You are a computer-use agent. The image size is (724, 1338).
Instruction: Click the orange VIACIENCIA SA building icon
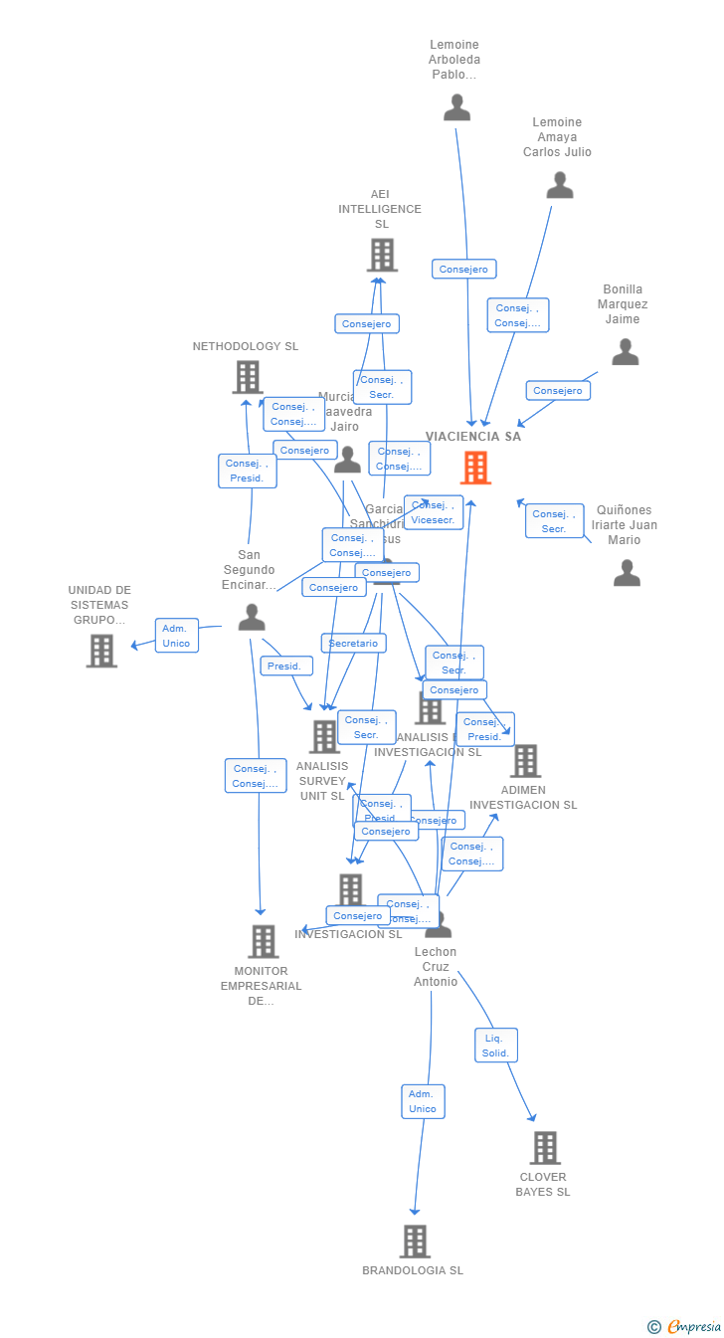click(x=475, y=468)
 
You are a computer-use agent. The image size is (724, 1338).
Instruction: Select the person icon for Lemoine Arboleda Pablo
click(x=456, y=107)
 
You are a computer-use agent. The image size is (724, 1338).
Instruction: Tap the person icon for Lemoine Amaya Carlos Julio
click(x=560, y=185)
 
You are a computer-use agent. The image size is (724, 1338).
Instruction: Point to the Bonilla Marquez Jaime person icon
click(x=625, y=352)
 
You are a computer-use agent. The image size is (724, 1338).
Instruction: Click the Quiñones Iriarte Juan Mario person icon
click(x=627, y=573)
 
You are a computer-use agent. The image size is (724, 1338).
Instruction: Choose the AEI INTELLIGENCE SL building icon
click(x=382, y=255)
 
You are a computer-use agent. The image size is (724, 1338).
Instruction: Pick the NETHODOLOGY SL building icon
click(x=248, y=377)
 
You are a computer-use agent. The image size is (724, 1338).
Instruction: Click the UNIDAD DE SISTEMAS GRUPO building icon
click(x=101, y=651)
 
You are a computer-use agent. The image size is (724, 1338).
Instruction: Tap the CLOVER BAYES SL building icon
click(x=544, y=1148)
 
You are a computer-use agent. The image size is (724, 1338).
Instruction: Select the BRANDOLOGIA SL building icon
click(x=415, y=1242)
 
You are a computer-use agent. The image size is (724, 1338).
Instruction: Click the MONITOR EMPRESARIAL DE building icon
click(x=263, y=941)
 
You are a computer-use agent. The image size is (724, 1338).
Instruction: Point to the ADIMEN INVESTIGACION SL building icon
click(x=525, y=761)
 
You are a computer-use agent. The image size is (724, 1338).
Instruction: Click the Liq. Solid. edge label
click(x=495, y=1045)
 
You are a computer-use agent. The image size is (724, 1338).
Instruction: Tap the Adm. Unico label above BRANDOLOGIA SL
click(x=423, y=1101)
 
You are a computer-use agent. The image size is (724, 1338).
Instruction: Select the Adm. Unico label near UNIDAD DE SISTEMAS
click(x=176, y=636)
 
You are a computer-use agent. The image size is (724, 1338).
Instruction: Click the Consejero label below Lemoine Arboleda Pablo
click(x=463, y=269)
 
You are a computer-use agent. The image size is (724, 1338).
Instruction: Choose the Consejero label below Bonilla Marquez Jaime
click(x=558, y=391)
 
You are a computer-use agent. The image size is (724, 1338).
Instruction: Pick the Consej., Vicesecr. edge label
click(x=433, y=512)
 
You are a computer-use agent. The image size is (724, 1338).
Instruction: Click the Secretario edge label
click(x=353, y=644)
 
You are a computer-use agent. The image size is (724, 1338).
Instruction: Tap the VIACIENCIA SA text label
click(x=473, y=437)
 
